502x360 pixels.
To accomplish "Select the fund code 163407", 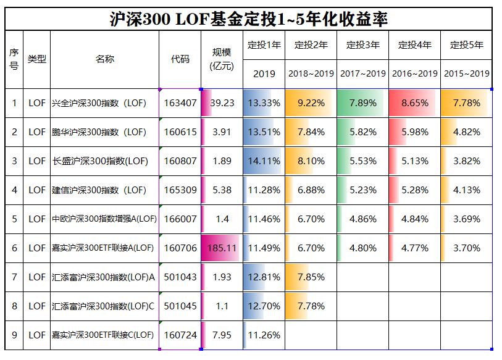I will tap(180, 103).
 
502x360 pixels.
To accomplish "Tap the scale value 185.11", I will tap(222, 248).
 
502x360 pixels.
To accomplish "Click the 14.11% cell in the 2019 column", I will tap(264, 161).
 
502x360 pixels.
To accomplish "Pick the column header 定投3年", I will tap(363, 45).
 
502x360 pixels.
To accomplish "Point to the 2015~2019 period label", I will tap(467, 73).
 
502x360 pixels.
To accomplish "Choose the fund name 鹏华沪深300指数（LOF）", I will tap(99, 132).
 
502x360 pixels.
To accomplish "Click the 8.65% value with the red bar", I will tap(414, 103).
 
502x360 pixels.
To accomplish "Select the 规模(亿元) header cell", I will tap(222, 59).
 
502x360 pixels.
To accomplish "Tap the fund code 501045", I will tap(180, 306).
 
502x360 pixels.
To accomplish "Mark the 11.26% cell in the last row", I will tap(264, 335).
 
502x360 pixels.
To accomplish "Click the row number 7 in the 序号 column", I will tap(14, 277).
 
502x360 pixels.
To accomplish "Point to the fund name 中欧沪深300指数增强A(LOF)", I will tap(104, 219).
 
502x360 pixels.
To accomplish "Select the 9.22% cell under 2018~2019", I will tap(311, 103).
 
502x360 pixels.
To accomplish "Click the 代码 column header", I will tap(180, 59).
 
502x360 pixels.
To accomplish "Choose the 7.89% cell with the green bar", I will tap(363, 103).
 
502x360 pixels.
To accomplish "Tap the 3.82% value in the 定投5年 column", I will tap(467, 161).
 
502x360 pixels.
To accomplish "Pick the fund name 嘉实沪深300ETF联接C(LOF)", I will tap(103, 335).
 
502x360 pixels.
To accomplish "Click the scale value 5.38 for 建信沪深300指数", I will tap(222, 190).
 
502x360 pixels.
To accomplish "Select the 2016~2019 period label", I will tap(415, 73).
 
